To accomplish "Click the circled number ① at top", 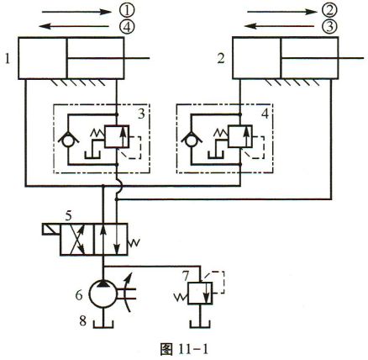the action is [x=127, y=11].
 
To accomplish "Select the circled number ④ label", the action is [x=127, y=27].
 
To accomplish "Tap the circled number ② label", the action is [x=329, y=11].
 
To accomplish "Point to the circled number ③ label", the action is [x=329, y=27].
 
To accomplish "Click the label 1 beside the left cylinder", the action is [x=8, y=59].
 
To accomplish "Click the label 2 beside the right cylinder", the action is [x=221, y=59].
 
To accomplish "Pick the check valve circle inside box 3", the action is [x=68, y=140].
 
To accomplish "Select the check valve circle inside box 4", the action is [x=192, y=140].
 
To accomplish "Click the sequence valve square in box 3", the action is [x=117, y=136].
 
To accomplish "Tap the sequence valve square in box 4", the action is [x=240, y=136].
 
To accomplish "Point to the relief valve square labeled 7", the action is [x=200, y=294].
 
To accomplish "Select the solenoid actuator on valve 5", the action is [x=51, y=229].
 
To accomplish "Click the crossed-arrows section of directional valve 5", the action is [x=77, y=239].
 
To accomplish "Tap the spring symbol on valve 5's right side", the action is [x=134, y=243].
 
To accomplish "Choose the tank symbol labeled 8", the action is [x=103, y=323].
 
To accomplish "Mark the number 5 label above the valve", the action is [x=68, y=216].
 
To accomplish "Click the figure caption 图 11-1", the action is [x=185, y=350].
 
